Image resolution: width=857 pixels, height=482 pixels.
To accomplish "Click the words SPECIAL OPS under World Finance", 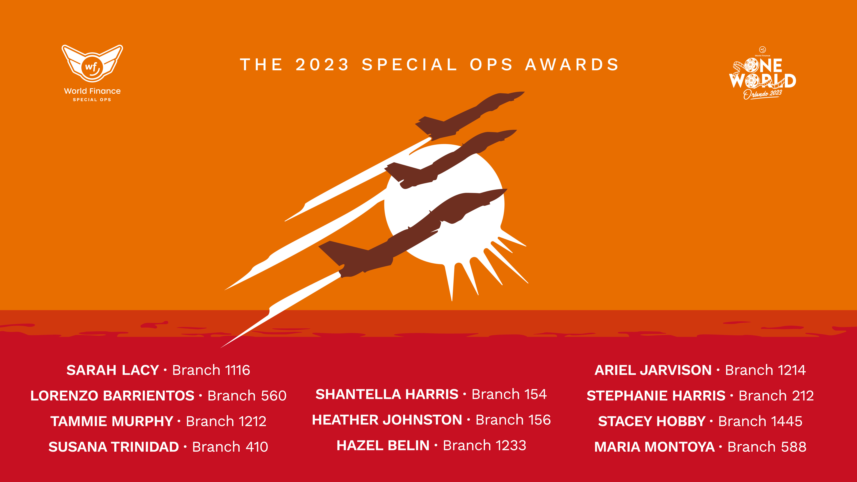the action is (92, 99).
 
